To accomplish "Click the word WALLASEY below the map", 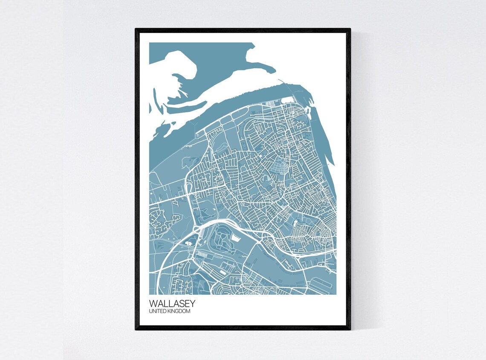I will [x=172, y=303].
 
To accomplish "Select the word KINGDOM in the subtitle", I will [x=179, y=311].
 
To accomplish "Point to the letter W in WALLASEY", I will [x=153, y=303].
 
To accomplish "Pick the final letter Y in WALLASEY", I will [x=192, y=303].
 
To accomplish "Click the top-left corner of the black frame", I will [x=136, y=29].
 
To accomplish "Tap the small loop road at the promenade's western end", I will [x=198, y=134].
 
